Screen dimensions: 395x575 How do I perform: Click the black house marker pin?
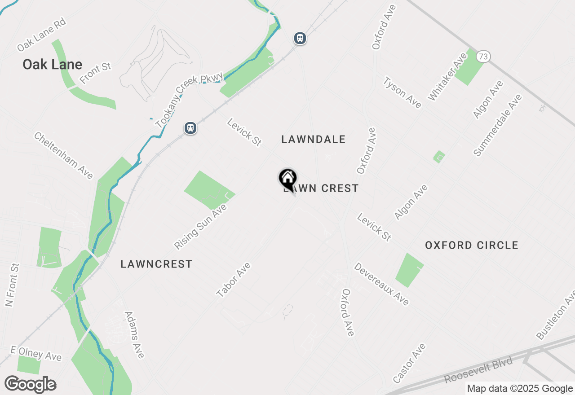pos(287,179)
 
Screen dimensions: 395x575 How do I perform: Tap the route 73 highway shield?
pos(483,57)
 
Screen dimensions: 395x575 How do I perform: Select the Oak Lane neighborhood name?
pos(53,65)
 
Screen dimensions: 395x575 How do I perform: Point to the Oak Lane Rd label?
pos(41,35)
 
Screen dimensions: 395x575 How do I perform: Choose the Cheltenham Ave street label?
pos(63,155)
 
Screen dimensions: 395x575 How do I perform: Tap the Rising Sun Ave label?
pos(201,227)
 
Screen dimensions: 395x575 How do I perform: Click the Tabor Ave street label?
pos(234,280)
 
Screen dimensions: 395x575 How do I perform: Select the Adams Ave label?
pos(134,335)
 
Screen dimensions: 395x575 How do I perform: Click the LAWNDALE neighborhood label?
pos(314,140)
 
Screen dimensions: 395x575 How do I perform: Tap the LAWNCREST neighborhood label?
pos(156,264)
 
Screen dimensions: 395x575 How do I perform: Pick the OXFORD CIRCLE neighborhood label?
pos(472,246)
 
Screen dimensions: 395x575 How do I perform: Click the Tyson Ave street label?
pos(402,93)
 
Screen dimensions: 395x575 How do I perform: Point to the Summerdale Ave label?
pos(498,125)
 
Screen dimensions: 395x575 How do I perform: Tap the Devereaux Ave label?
pos(381,284)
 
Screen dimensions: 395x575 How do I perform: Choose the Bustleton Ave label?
pos(556,315)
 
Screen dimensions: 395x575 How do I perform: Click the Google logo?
pos(30,385)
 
